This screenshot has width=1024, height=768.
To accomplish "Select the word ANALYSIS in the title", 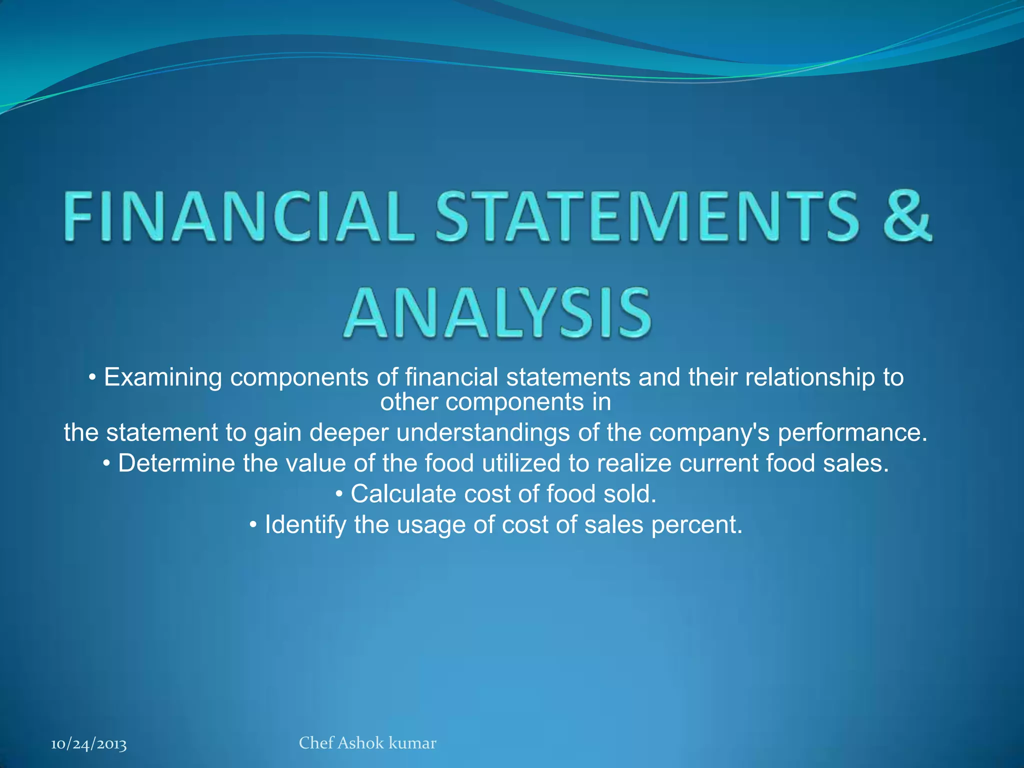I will pyautogui.click(x=497, y=312).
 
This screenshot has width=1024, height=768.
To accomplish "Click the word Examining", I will pyautogui.click(x=163, y=377).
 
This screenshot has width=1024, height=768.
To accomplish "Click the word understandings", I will pyautogui.click(x=483, y=433).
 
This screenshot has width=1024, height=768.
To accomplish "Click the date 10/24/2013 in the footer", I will pyautogui.click(x=89, y=744).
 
